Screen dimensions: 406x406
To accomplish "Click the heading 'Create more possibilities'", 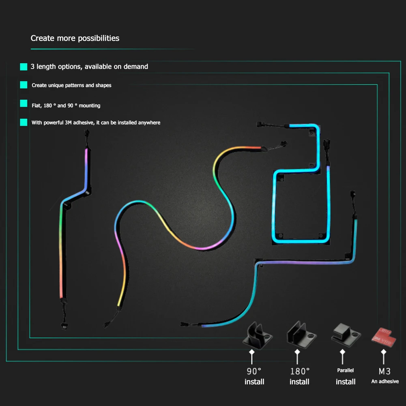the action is (x=75, y=39).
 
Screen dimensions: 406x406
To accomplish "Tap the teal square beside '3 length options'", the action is (x=24, y=67).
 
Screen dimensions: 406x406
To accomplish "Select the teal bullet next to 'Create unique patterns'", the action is (x=24, y=85).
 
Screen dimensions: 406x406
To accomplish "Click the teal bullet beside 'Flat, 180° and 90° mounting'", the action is (x=24, y=104).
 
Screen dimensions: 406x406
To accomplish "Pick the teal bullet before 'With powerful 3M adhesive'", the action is (x=24, y=122).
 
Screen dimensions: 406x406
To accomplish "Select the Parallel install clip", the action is (x=346, y=335).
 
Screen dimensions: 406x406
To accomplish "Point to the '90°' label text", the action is (x=254, y=371).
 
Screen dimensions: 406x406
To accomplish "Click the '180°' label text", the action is (x=300, y=371).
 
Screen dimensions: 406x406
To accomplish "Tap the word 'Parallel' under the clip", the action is (x=346, y=370).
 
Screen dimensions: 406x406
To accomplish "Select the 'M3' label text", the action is (x=385, y=371).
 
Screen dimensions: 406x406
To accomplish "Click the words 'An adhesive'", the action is (x=385, y=381).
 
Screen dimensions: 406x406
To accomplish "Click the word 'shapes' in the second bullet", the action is (x=103, y=86).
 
